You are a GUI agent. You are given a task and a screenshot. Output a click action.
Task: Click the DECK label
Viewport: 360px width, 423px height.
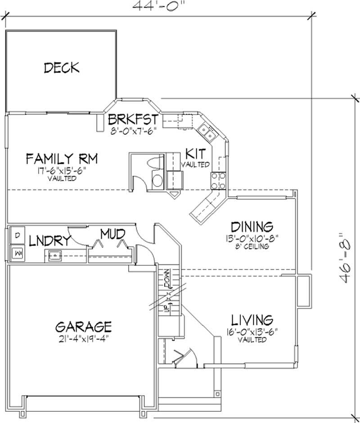(x=62, y=68)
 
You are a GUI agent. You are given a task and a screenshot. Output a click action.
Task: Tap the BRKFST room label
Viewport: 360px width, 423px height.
(x=133, y=120)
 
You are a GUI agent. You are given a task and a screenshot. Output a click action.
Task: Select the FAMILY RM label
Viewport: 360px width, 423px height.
(x=62, y=159)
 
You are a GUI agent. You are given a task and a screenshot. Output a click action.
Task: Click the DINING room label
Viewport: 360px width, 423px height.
(x=252, y=227)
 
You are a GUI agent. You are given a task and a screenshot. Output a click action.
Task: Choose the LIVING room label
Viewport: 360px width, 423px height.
(x=252, y=320)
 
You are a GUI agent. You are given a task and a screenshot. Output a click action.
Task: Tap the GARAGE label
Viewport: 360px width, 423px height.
(x=83, y=326)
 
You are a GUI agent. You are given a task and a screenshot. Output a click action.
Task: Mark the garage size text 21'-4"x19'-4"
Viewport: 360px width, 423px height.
(x=83, y=339)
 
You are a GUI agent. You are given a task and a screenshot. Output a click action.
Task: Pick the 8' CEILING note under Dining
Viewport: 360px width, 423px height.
(x=252, y=246)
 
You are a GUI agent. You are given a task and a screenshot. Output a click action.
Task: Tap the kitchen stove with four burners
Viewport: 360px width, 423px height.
(x=218, y=180)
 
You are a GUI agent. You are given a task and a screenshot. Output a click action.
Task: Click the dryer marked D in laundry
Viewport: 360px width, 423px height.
(x=17, y=236)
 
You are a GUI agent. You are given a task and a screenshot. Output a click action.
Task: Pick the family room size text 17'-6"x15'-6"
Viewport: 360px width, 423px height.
(x=62, y=171)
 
